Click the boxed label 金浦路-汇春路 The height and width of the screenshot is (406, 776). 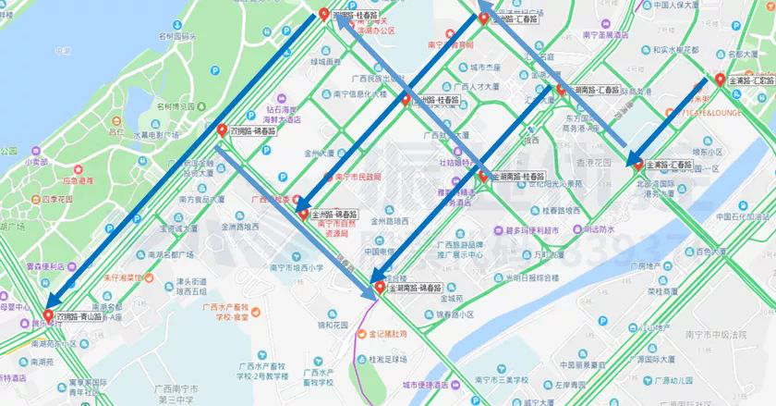tap(669, 164)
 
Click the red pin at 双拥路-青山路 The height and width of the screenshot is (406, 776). tap(48, 315)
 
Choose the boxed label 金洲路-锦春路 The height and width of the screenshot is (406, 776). tap(335, 213)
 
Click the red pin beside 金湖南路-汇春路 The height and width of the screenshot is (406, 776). tap(559, 90)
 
